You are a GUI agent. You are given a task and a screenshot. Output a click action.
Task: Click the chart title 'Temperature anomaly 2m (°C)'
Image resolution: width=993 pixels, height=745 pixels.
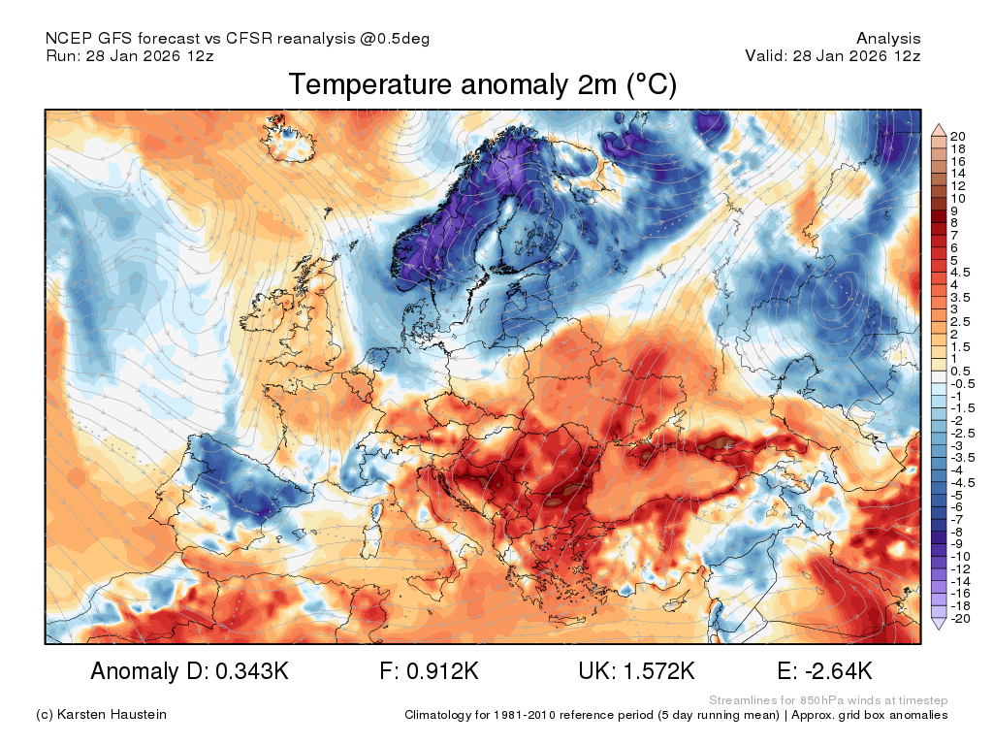click(x=483, y=84)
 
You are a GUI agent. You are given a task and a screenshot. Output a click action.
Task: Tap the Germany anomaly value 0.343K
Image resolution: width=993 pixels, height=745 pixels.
click(x=252, y=671)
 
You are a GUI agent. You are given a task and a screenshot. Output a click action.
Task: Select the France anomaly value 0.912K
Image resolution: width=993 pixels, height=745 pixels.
click(x=442, y=671)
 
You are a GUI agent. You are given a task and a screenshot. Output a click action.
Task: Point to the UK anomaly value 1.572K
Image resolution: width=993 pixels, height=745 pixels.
click(x=659, y=671)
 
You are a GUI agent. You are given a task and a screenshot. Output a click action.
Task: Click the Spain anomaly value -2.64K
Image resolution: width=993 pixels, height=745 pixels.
click(x=839, y=671)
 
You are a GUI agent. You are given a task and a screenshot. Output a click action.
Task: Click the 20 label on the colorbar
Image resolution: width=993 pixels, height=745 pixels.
click(x=957, y=136)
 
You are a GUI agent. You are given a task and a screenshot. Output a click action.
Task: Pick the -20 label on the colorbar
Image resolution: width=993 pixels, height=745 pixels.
click(x=961, y=618)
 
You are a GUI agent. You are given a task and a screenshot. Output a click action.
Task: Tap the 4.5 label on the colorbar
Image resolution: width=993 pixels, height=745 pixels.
click(x=960, y=273)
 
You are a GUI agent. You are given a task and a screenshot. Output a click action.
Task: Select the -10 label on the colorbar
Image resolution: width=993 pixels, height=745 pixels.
click(x=961, y=556)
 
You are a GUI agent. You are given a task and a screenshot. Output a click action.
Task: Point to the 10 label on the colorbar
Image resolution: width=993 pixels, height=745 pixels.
click(x=957, y=198)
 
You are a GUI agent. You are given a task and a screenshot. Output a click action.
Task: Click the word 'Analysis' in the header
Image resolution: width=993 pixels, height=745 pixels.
click(x=888, y=39)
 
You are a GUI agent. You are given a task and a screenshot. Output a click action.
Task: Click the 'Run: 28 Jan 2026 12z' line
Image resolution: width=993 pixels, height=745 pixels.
click(x=130, y=55)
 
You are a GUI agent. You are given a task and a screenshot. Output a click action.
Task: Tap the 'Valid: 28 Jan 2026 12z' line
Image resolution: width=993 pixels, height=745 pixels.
click(x=833, y=55)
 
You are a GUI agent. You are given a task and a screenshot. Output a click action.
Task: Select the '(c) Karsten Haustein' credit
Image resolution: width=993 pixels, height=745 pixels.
click(x=101, y=714)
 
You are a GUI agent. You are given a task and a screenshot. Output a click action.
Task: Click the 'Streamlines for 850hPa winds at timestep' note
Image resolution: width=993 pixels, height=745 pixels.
click(x=828, y=700)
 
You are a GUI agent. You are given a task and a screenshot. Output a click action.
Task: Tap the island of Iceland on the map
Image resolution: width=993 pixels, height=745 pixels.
click(x=289, y=138)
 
